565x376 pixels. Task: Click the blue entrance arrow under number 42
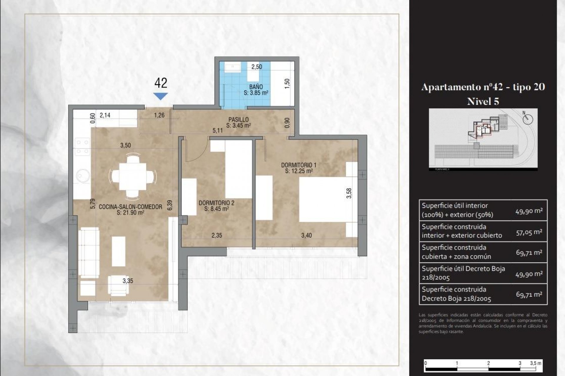pyautogui.click(x=160, y=96)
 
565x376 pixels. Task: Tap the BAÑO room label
pyautogui.click(x=256, y=87)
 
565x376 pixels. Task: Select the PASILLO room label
pyautogui.click(x=238, y=120)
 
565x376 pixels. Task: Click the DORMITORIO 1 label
pyautogui.click(x=298, y=165)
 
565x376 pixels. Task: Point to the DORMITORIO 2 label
pyautogui.click(x=216, y=203)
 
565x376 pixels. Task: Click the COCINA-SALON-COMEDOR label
pyautogui.click(x=130, y=207)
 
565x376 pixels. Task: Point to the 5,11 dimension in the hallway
pyautogui.click(x=217, y=130)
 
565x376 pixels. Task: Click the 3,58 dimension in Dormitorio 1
pyautogui.click(x=349, y=193)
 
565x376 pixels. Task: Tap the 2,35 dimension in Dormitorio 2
pyautogui.click(x=217, y=235)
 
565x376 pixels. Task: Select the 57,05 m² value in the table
pyautogui.click(x=529, y=232)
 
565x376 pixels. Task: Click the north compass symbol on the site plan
pyautogui.click(x=528, y=119)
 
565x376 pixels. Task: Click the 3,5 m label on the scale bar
pyautogui.click(x=535, y=363)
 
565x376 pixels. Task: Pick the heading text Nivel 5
pyautogui.click(x=483, y=101)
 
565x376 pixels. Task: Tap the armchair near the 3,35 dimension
pyautogui.click(x=118, y=285)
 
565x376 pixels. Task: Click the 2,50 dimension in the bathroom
pyautogui.click(x=256, y=67)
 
